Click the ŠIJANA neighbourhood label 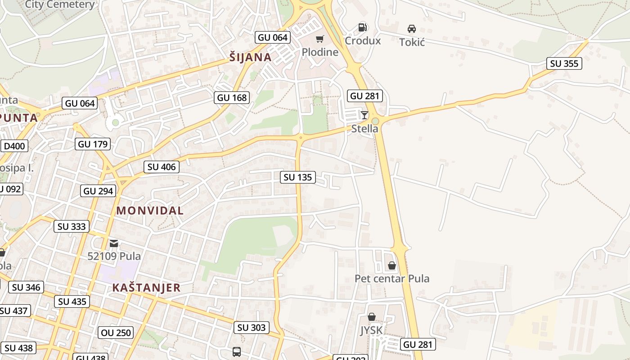250,57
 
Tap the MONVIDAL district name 150,210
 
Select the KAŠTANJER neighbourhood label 146,288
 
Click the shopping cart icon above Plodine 319,39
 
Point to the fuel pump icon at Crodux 362,27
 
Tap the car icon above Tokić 411,29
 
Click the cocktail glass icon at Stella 364,115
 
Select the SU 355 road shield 564,63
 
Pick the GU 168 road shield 231,97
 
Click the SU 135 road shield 298,177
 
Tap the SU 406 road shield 162,167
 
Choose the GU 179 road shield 93,144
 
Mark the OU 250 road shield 116,333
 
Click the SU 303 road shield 252,328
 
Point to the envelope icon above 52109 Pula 114,243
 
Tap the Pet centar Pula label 392,279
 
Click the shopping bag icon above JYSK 372,317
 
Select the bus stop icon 237,351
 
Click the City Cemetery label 60,4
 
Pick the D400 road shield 14,146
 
